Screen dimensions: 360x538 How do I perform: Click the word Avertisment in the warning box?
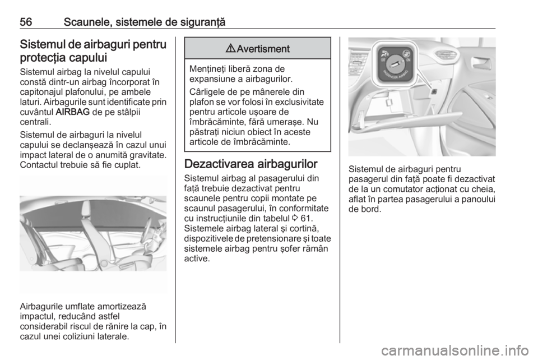click(262, 48)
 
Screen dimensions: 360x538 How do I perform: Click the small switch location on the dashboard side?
click(434, 89)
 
